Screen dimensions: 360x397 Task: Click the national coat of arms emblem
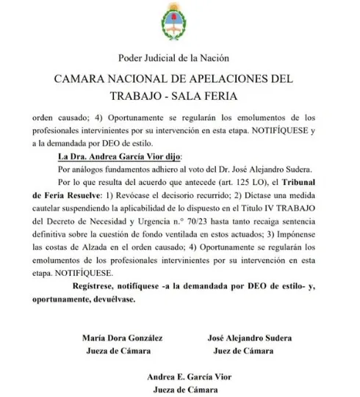180,28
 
